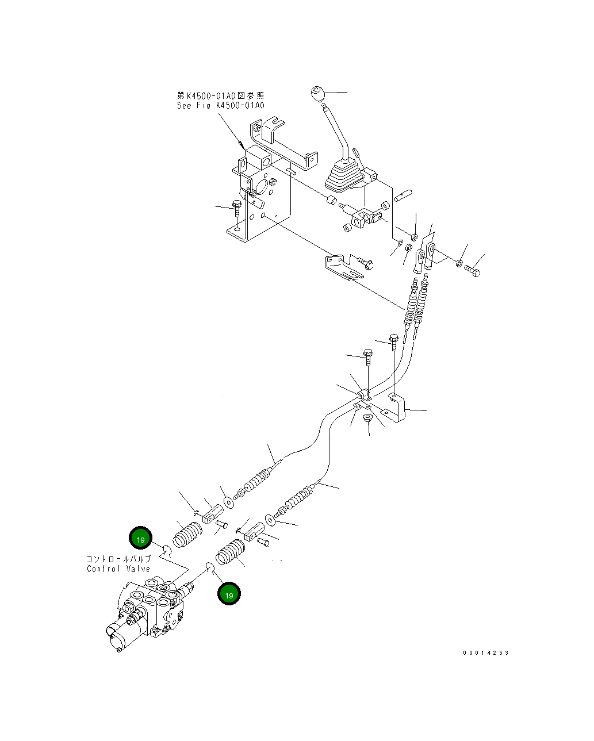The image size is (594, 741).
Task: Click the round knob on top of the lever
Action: [317, 93]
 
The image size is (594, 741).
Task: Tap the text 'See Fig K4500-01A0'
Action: [220, 105]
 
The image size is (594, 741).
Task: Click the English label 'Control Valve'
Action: [118, 569]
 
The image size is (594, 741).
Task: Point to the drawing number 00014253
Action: [485, 652]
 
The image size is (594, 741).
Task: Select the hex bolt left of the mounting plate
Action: [237, 208]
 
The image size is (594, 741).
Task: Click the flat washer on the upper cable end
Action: [228, 502]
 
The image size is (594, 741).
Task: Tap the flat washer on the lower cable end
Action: [270, 520]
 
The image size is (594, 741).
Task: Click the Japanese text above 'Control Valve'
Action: [118, 559]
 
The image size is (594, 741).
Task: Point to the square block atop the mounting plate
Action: [258, 158]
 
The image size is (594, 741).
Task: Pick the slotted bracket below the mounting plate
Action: [343, 267]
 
